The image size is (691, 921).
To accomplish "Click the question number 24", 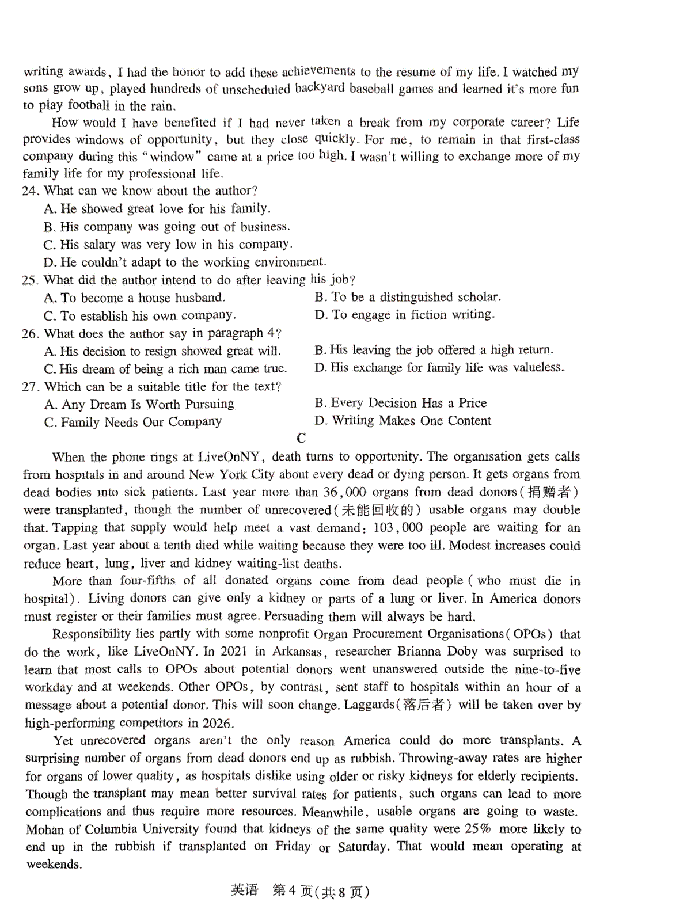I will pyautogui.click(x=31, y=191).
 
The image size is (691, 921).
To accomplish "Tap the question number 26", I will pyautogui.click(x=31, y=334).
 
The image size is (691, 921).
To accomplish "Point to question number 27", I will pyautogui.click(x=31, y=387).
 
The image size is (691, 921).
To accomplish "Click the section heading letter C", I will pyautogui.click(x=301, y=439).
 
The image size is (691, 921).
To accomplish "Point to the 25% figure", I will pyautogui.click(x=478, y=829).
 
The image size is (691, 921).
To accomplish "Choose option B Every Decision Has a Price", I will pyautogui.click(x=401, y=403).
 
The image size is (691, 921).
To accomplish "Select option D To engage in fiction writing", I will pyautogui.click(x=404, y=315).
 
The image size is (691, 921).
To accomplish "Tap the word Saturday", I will pyautogui.click(x=363, y=847).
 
